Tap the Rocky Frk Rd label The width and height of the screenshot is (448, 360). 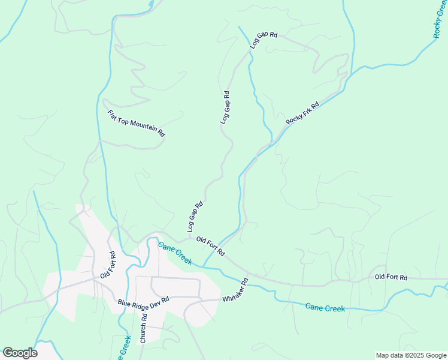tap(302, 113)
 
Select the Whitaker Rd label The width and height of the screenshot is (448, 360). tap(235, 290)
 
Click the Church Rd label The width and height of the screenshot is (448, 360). tap(143, 328)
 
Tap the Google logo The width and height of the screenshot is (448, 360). tap(20, 353)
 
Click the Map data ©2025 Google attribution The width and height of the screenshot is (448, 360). tap(411, 355)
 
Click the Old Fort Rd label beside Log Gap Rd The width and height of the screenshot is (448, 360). tap(210, 245)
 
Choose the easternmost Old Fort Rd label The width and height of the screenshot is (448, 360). tap(391, 277)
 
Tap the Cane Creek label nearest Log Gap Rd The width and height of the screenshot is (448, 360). tap(175, 253)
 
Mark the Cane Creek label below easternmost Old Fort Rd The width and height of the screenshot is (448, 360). tap(325, 308)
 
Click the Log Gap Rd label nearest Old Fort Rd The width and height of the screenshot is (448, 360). tap(195, 217)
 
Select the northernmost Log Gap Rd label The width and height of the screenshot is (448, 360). tap(264, 40)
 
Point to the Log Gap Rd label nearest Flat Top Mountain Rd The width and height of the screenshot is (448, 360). tap(225, 107)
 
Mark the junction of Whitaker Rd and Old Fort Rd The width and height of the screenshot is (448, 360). tap(246, 274)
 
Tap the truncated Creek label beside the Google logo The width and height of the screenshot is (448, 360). tap(125, 347)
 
